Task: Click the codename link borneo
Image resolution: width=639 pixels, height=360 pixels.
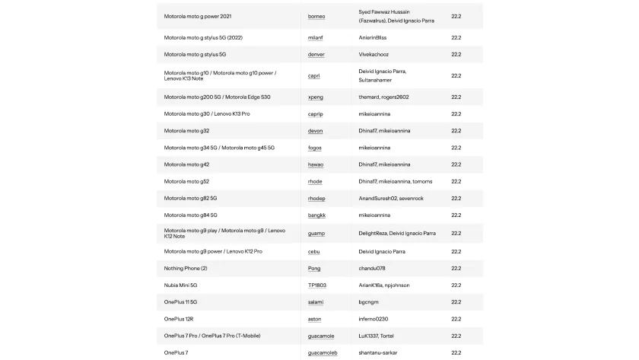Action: (x=316, y=16)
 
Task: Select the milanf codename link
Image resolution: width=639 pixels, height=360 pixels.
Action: (x=316, y=37)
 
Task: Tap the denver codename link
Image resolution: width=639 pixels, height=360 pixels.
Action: (x=316, y=55)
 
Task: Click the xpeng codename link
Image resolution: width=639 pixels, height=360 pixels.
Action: (x=316, y=97)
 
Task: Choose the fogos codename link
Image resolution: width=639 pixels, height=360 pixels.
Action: (x=315, y=148)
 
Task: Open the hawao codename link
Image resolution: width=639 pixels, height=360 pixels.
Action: (x=316, y=164)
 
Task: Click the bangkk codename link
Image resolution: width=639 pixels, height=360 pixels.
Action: (x=317, y=215)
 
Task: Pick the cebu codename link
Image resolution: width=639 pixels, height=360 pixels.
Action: (x=314, y=251)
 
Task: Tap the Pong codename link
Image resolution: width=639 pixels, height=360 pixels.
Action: (x=314, y=269)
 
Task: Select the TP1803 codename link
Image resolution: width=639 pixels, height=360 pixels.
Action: (x=317, y=285)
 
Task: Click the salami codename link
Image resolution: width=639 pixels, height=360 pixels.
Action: (x=316, y=302)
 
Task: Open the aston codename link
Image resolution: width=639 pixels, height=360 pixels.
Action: (x=315, y=319)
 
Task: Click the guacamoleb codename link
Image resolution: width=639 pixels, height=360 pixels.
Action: (x=323, y=353)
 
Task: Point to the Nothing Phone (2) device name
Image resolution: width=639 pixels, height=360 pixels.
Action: (x=186, y=269)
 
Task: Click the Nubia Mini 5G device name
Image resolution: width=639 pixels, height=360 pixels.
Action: (x=181, y=285)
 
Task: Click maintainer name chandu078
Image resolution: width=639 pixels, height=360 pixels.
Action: (x=372, y=269)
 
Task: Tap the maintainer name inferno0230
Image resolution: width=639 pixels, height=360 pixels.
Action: (x=374, y=319)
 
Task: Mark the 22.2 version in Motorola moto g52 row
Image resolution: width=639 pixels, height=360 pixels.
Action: (x=456, y=181)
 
